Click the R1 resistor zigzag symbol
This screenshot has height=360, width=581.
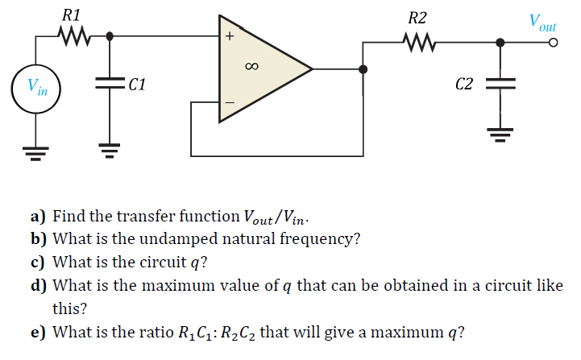tap(74, 35)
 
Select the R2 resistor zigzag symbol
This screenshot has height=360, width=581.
tap(419, 41)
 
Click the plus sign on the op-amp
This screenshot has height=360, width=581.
tap(230, 36)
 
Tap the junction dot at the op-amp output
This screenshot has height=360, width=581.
tap(364, 70)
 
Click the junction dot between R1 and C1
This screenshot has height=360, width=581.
tap(110, 35)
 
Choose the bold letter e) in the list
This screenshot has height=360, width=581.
tap(37, 332)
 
